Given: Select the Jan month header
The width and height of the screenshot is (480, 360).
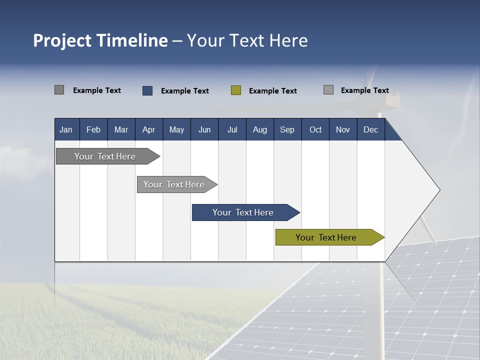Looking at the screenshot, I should [x=66, y=129].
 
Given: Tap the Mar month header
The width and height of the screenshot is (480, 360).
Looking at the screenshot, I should [x=121, y=129].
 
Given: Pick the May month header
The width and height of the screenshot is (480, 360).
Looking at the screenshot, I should [x=176, y=129].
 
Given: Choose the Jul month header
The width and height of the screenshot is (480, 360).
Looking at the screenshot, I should [x=232, y=129].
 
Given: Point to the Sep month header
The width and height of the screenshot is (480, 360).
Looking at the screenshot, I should [x=287, y=129].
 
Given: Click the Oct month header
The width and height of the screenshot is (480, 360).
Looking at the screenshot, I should [x=315, y=129].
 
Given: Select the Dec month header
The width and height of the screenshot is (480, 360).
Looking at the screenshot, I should [x=370, y=129].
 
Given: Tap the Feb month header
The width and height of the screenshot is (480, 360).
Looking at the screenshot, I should [x=93, y=129].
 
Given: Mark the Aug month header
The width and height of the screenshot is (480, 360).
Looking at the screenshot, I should [x=259, y=129].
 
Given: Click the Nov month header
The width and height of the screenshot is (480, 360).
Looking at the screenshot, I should [x=342, y=129].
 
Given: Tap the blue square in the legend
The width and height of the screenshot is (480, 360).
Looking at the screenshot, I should [x=147, y=90].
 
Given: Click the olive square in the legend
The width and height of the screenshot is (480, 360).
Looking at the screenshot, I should [x=236, y=90].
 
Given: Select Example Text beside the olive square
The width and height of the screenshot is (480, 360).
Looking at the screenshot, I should [x=272, y=91].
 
